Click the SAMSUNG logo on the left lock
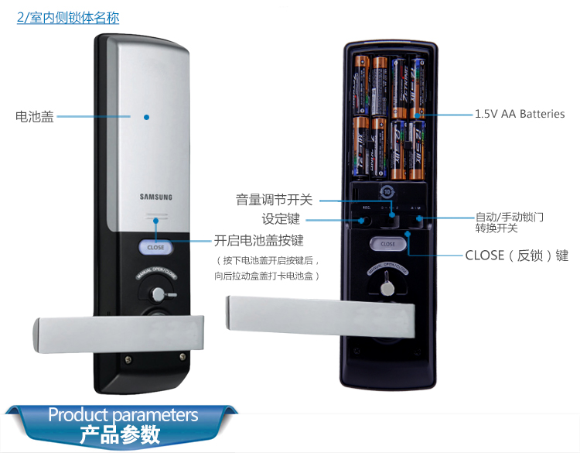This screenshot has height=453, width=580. pos(155,196)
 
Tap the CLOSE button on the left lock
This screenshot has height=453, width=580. pos(155,248)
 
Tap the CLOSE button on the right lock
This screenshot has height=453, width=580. pos(388,244)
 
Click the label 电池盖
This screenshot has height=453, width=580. pos(35,118)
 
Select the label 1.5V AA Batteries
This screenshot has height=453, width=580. pos(520,115)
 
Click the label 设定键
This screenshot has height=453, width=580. pos(281,219)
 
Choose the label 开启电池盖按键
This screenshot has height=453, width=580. pos(258,240)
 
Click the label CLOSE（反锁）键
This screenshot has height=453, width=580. pos(517,256)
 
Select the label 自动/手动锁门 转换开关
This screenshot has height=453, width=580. pos(509,222)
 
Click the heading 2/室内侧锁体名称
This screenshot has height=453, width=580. pos(68,17)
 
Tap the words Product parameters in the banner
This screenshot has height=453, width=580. pos(123,415)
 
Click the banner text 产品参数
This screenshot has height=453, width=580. pos(120,434)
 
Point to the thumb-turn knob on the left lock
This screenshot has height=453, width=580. pos(159,294)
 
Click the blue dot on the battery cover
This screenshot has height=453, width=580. pos(146,118)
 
